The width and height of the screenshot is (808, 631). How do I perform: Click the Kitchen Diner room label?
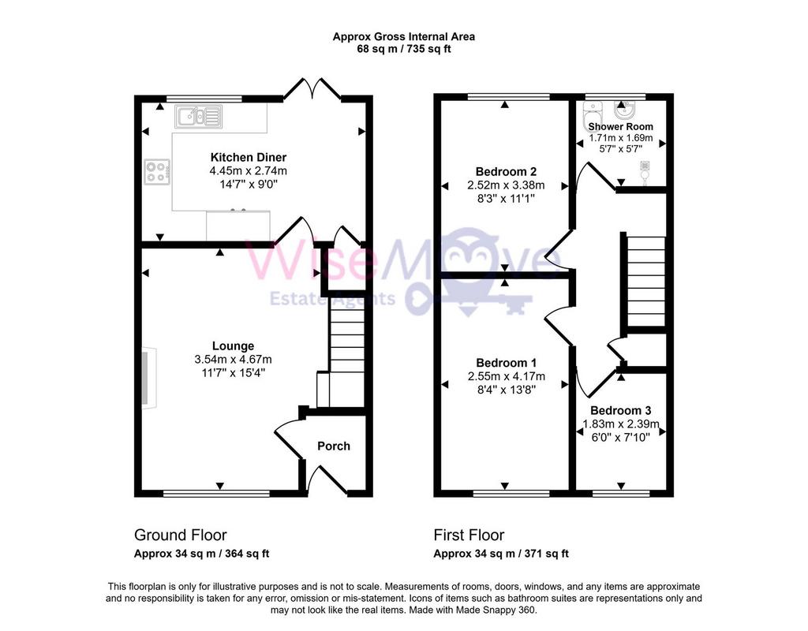pyautogui.click(x=248, y=157)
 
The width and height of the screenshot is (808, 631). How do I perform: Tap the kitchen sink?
pyautogui.click(x=198, y=117)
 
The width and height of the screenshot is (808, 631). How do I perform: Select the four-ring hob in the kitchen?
pyautogui.click(x=157, y=171)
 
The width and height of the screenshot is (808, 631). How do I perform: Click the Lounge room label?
pyautogui.click(x=233, y=346)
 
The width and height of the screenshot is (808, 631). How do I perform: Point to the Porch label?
pyautogui.click(x=334, y=446)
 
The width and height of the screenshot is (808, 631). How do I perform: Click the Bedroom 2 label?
pyautogui.click(x=506, y=171)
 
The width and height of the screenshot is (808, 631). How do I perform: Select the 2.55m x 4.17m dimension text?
pyautogui.click(x=506, y=376)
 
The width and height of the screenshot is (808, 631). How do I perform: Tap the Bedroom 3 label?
pyautogui.click(x=620, y=410)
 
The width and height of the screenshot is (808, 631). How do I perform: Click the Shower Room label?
pyautogui.click(x=620, y=127)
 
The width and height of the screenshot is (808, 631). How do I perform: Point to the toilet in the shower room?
pyautogui.click(x=591, y=114)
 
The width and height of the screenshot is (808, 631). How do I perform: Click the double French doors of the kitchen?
pyautogui.click(x=312, y=88)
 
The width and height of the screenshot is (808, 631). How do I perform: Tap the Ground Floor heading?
pyautogui.click(x=181, y=536)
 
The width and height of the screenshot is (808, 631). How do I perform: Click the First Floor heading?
pyautogui.click(x=469, y=536)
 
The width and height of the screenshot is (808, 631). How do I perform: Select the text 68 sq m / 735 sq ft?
pyautogui.click(x=403, y=50)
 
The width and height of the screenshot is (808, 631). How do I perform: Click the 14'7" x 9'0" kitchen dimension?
pyautogui.click(x=249, y=184)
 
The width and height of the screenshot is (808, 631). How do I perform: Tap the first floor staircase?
pyautogui.click(x=646, y=282)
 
